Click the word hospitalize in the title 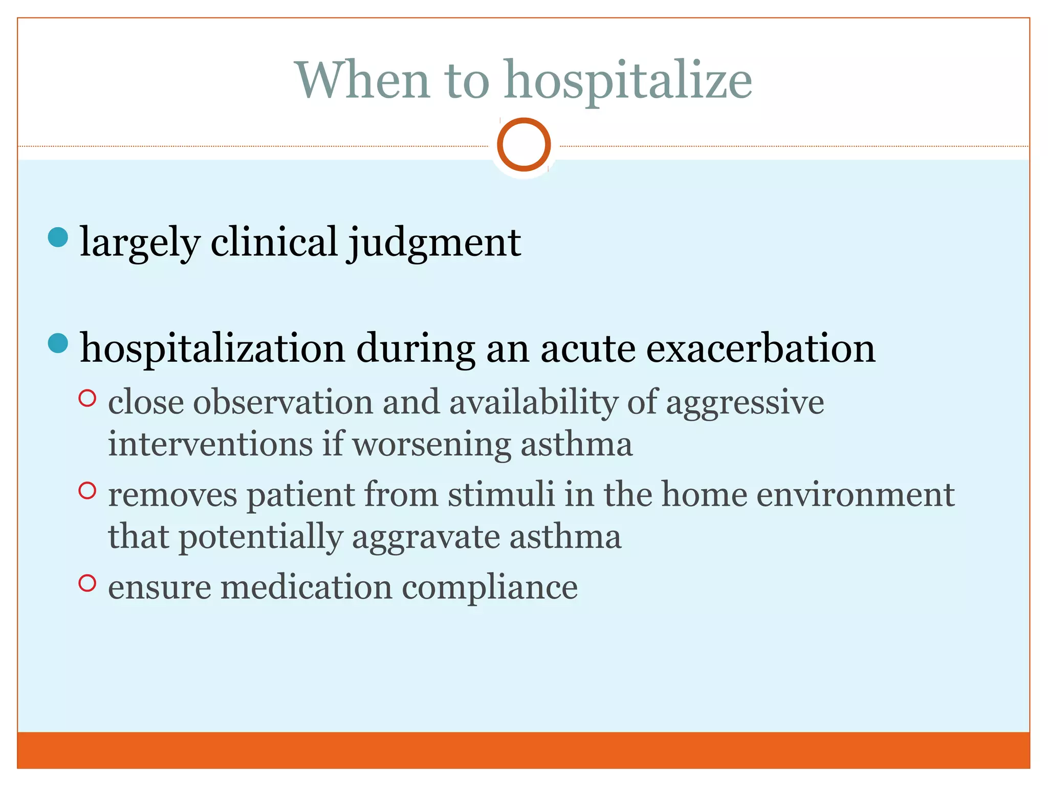(x=628, y=81)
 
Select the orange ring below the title (x=523, y=144)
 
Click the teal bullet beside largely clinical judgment (x=58, y=237)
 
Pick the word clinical (x=274, y=242)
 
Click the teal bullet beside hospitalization (x=58, y=343)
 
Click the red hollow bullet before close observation (x=88, y=398)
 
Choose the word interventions (x=210, y=444)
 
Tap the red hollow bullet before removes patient (x=88, y=491)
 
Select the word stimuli (x=501, y=495)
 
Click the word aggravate (x=425, y=538)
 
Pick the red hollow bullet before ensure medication (x=88, y=583)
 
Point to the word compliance (x=490, y=587)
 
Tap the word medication (x=306, y=587)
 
